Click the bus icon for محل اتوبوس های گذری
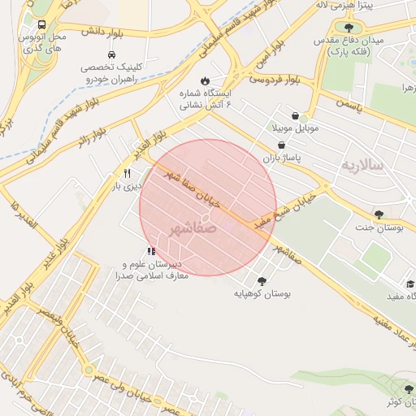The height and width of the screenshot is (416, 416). click(x=41, y=24)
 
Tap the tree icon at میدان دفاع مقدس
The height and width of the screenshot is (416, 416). click(x=349, y=28)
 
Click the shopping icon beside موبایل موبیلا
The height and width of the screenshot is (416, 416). click(x=293, y=115)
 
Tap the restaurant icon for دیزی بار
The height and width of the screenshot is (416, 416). click(x=127, y=173)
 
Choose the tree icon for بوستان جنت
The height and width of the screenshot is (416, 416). click(x=379, y=214)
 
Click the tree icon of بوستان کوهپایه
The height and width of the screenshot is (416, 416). click(x=262, y=279)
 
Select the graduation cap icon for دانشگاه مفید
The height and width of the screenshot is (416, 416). click(x=411, y=285)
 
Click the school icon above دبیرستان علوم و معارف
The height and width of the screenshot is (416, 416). click(x=150, y=252)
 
